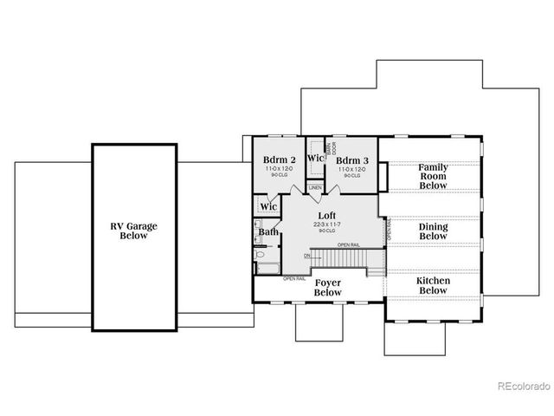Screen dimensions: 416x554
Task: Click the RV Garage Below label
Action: pos(134,231)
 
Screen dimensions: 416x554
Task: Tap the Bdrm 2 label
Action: pos(280,160)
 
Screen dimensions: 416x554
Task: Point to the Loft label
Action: pos(326,215)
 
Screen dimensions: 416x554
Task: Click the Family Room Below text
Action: pos(433,175)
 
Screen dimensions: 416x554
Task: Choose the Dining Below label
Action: pos(433,231)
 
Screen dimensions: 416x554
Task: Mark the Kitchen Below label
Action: pos(433,285)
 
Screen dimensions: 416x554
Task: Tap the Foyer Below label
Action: pos(328,287)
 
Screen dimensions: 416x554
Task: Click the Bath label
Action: pos(268,231)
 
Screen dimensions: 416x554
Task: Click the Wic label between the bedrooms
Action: pos(315,159)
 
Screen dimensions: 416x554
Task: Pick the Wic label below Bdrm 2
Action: pos(268,207)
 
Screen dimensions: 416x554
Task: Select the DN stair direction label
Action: pos(307,256)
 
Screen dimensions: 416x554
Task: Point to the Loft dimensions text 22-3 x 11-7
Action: pos(326,224)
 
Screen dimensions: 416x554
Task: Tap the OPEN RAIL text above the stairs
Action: pos(349,245)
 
